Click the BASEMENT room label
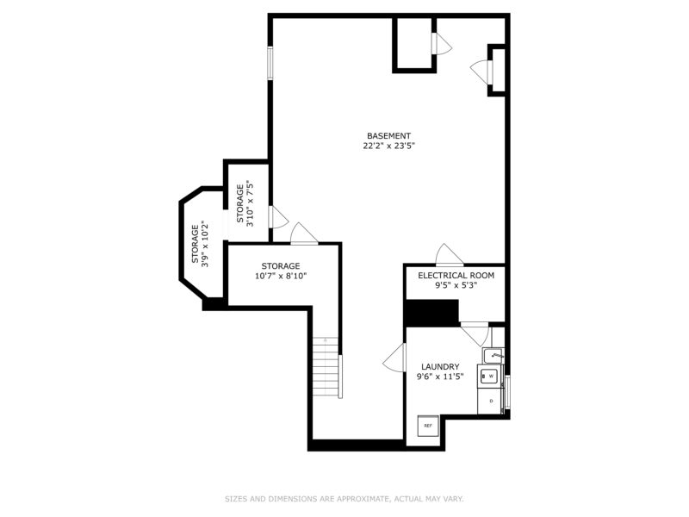[x=389, y=136]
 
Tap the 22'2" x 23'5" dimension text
[x=389, y=146]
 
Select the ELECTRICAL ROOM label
[x=456, y=276]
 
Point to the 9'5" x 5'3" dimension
[x=456, y=285]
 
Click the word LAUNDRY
[x=440, y=367]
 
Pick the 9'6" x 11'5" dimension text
[x=440, y=377]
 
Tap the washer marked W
[x=490, y=376]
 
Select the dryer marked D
[x=490, y=401]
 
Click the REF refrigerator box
[x=428, y=426]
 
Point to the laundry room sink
[x=493, y=355]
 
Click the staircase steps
[x=326, y=367]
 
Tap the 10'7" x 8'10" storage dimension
[x=281, y=276]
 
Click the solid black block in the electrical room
[x=432, y=313]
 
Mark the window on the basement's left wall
[x=270, y=63]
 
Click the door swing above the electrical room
[x=450, y=255]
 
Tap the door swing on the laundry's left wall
[x=394, y=358]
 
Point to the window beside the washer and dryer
[x=507, y=392]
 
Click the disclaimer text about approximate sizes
[x=344, y=499]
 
